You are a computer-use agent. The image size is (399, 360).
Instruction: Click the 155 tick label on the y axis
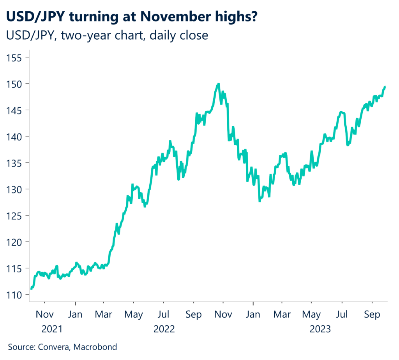[x=16, y=57]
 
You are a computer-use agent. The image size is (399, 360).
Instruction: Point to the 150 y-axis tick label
[x=16, y=84]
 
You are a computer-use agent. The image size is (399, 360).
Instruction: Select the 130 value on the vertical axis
[x=16, y=189]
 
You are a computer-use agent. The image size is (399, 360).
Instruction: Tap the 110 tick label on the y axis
[x=16, y=295]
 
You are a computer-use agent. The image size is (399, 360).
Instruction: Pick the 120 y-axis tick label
[x=16, y=242]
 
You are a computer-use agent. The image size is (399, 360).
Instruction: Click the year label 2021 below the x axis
[x=52, y=329]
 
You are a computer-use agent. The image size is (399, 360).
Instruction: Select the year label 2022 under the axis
[x=164, y=329]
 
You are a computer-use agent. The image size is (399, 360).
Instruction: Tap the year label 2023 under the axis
[x=320, y=329]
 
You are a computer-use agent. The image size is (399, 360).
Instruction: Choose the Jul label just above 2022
[x=164, y=314]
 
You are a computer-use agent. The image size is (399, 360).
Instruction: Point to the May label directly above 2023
[x=312, y=314]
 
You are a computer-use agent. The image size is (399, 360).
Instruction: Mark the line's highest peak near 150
[x=219, y=84]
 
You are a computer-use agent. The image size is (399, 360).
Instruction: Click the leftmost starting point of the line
[x=31, y=288]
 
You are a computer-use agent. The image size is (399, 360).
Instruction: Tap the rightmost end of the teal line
[x=385, y=86]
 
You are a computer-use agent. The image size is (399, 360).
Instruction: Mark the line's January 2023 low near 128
[x=260, y=201]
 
